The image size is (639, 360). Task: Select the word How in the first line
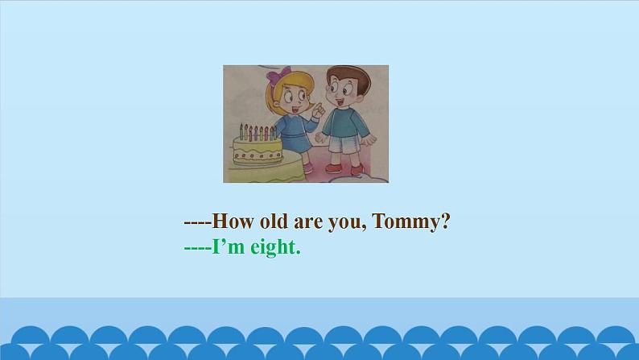pos(230,222)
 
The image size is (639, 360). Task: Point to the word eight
pos(274,248)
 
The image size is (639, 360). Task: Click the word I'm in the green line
pos(228,248)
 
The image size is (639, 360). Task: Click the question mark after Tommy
pos(444,222)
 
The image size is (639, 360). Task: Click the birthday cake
pos(256,148)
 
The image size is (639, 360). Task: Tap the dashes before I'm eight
pos(197,249)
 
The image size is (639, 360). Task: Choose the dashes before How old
pos(197,223)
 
